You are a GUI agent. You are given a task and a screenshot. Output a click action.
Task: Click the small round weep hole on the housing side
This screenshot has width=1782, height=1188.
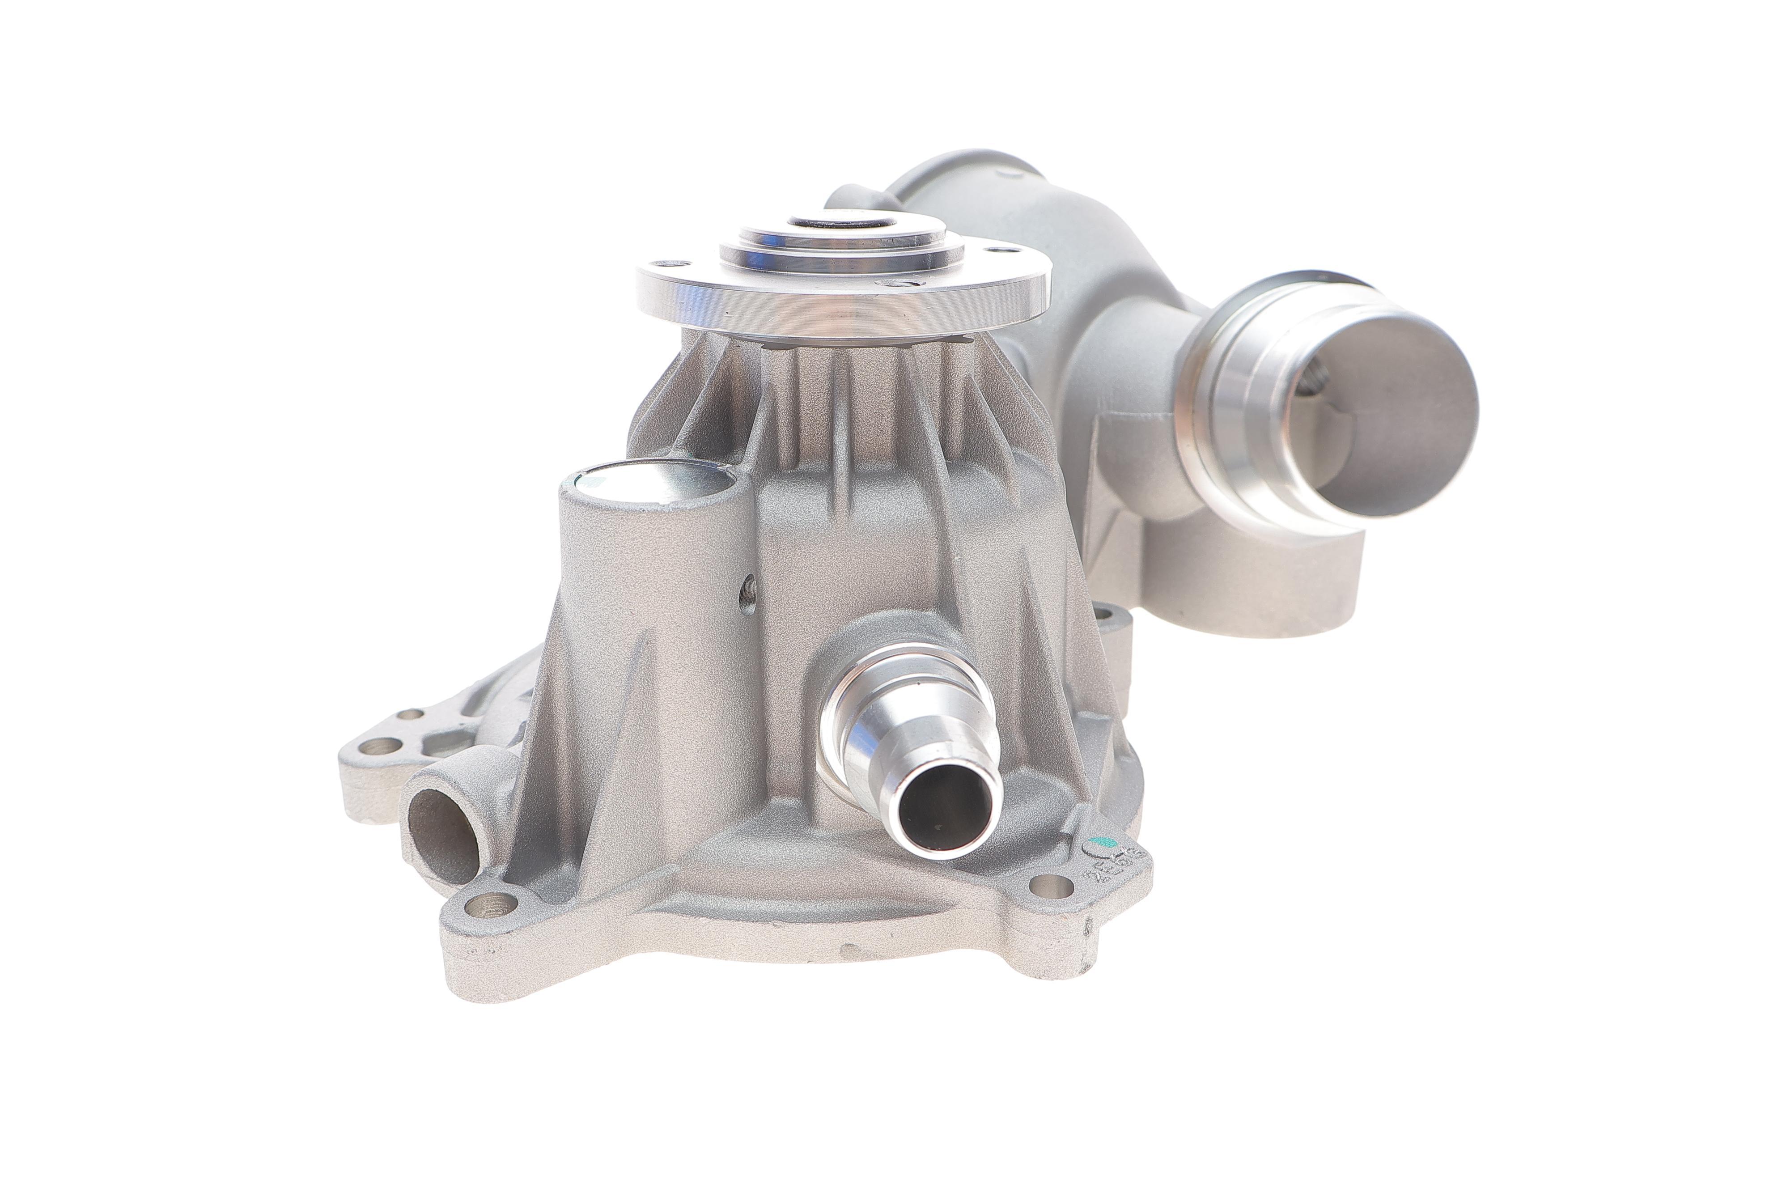(x=749, y=590)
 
